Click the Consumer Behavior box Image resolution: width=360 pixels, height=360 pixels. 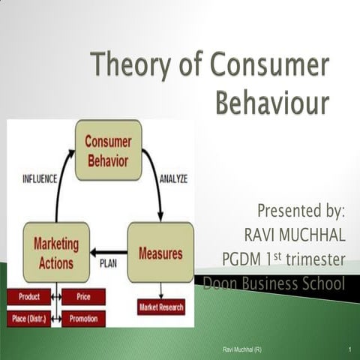click(107, 151)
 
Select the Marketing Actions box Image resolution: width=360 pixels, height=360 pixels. click(56, 251)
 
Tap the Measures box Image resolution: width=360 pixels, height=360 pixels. click(160, 253)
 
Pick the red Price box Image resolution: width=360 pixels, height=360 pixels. click(83, 297)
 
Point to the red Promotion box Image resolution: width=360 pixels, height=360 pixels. click(83, 319)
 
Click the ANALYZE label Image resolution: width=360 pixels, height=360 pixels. click(173, 179)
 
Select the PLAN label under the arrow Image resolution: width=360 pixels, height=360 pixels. click(108, 263)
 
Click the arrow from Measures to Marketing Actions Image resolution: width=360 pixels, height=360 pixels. click(109, 252)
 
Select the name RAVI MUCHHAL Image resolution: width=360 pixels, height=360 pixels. click(295, 235)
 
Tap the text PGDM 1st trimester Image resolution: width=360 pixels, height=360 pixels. click(283, 259)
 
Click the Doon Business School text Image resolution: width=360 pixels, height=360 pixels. click(274, 283)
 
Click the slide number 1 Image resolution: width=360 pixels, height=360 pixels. click(350, 350)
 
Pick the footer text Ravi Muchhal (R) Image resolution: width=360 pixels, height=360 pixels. click(242, 350)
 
